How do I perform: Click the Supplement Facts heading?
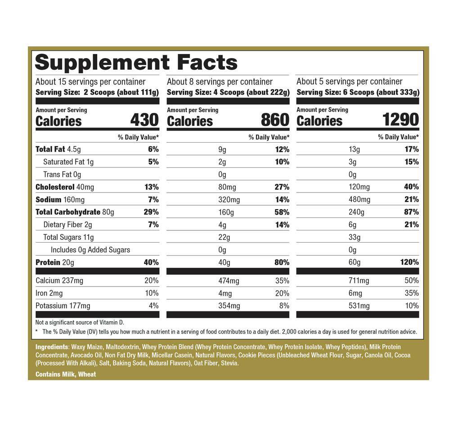[x=136, y=62]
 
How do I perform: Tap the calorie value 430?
[x=144, y=120]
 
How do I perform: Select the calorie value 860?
[x=275, y=120]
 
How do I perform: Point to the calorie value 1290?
[x=400, y=120]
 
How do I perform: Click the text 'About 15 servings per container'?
[x=90, y=81]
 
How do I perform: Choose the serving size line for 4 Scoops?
[x=228, y=92]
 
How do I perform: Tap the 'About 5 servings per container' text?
[x=349, y=81]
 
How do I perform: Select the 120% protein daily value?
[x=409, y=262]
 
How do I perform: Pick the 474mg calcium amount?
[x=229, y=281]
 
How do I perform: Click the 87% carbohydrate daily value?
[x=411, y=212]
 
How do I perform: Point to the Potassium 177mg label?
[x=63, y=306]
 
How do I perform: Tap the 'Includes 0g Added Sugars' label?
[x=90, y=250]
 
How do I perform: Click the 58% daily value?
[x=282, y=212]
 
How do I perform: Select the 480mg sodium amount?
[x=359, y=199]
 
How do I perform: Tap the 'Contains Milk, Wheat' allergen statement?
[x=65, y=374]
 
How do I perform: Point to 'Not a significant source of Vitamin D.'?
[x=79, y=322]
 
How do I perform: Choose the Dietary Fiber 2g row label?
[x=67, y=225]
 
